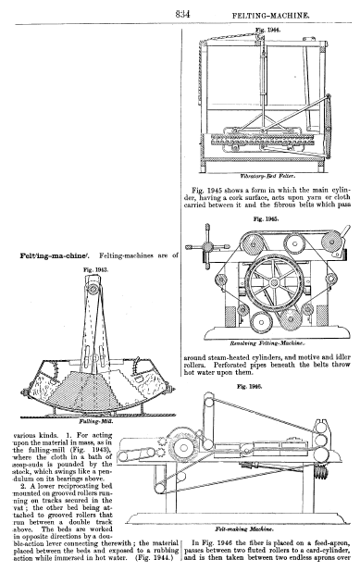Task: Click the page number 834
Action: [182, 14]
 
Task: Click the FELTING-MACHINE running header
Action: [270, 16]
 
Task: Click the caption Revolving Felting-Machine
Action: [267, 342]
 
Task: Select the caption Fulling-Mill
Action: [96, 421]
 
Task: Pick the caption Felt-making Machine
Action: [244, 528]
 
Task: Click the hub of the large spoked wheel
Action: [273, 282]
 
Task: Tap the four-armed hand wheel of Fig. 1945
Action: [207, 247]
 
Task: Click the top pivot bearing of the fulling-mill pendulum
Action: [93, 289]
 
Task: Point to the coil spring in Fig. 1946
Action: [321, 473]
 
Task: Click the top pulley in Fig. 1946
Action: [208, 398]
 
